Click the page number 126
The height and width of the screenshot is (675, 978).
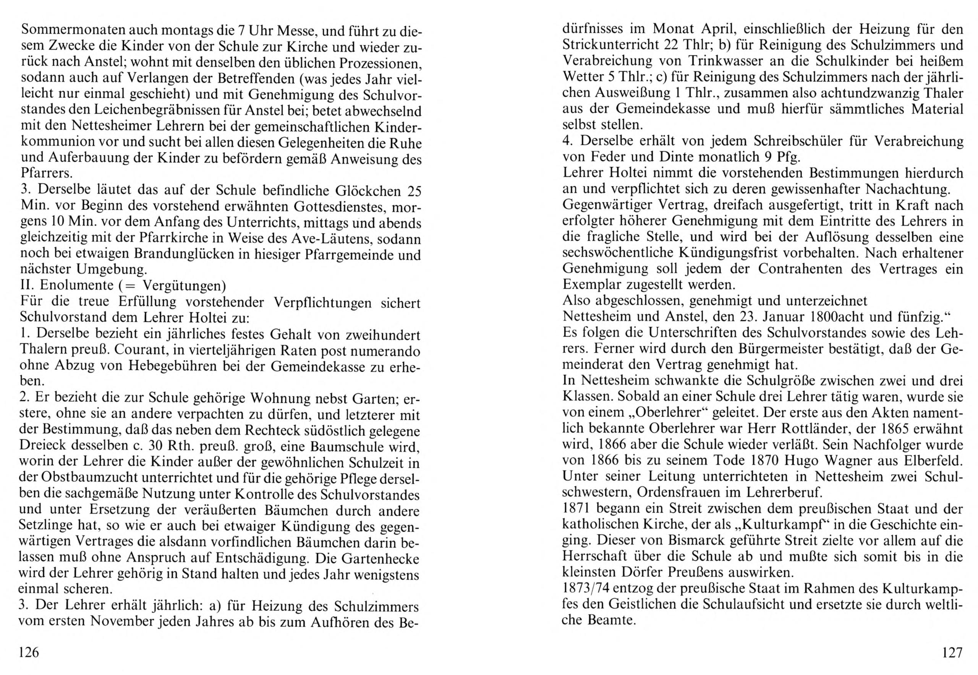point(29,653)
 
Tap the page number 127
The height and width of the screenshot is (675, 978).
point(950,653)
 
